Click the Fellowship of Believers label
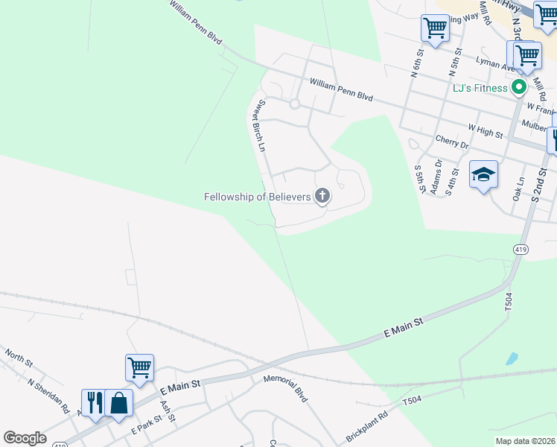(258, 197)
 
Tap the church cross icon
(322, 196)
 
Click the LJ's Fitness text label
(480, 88)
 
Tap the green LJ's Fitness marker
(519, 88)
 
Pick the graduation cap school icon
(483, 175)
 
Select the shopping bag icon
(118, 402)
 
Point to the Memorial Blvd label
(285, 388)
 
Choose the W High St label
(485, 132)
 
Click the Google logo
(25, 437)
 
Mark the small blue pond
(511, 358)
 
